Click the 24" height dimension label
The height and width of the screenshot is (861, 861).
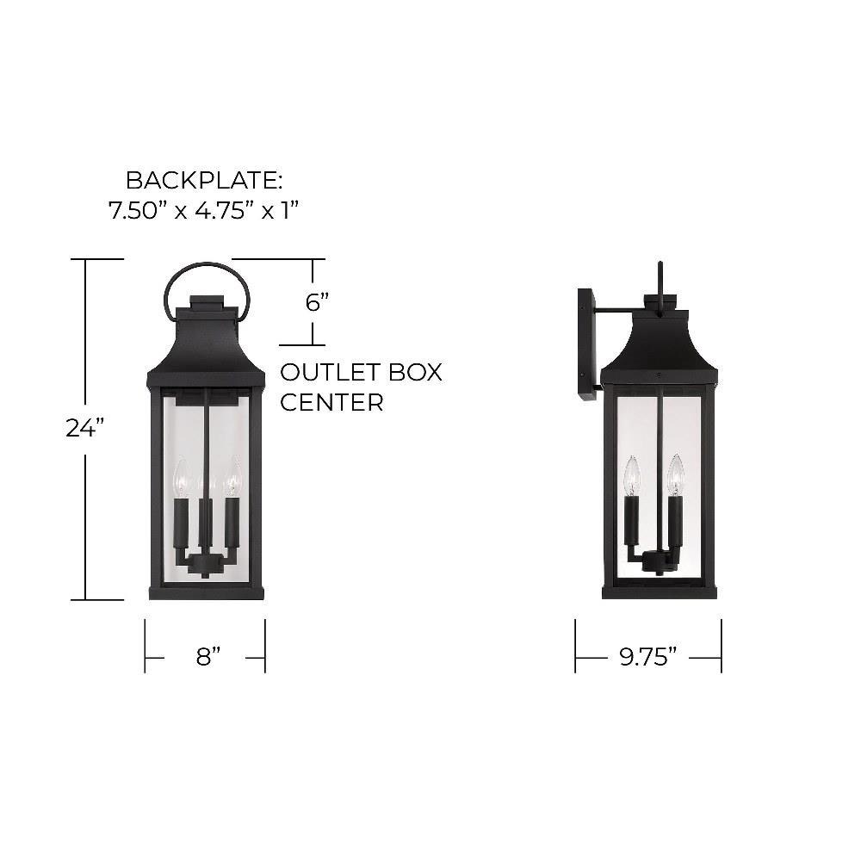[85, 428]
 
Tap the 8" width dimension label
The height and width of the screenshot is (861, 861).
[208, 657]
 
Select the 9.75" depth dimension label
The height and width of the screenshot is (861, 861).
[648, 657]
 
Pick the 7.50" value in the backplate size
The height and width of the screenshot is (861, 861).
[134, 210]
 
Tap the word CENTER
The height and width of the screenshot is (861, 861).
[331, 402]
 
